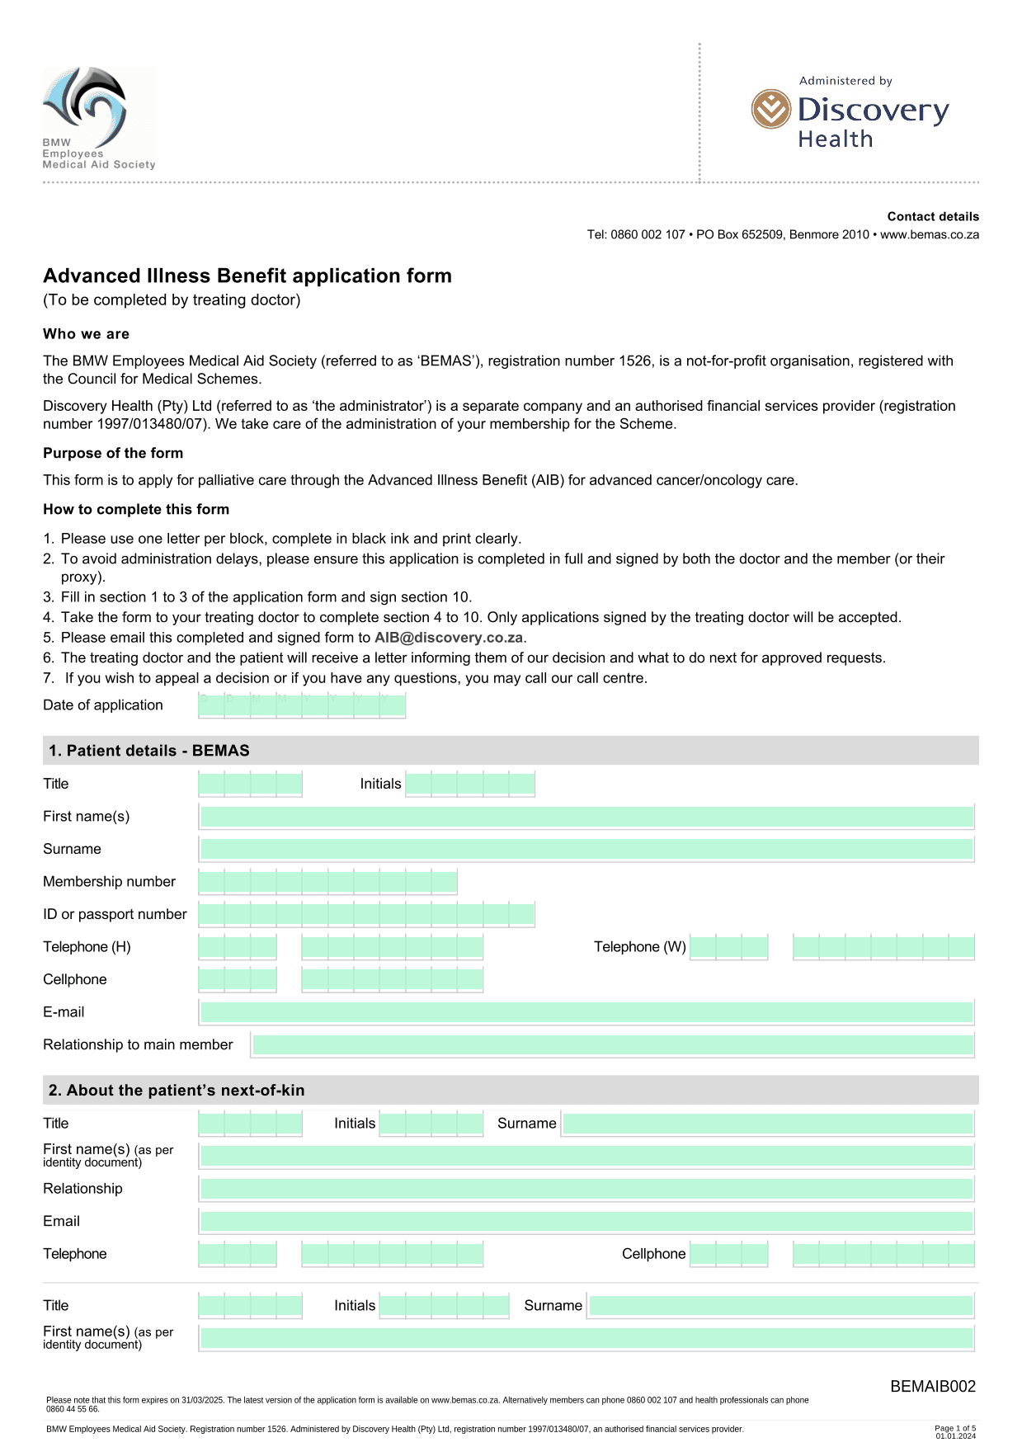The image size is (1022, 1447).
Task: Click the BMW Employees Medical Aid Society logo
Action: click(97, 117)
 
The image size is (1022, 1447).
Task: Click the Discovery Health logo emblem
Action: click(770, 109)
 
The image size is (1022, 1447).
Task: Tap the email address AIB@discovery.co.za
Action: click(449, 638)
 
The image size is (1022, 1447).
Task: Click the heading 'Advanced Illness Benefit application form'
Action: click(247, 276)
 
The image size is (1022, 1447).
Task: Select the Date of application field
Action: click(302, 705)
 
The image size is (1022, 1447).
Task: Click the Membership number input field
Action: click(327, 882)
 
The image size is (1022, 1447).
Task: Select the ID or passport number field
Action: click(366, 914)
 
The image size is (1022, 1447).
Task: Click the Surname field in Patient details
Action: click(586, 849)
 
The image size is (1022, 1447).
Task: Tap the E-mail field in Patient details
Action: click(586, 1012)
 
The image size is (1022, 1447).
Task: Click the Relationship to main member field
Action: click(613, 1044)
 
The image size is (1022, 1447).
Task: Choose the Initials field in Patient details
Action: click(470, 784)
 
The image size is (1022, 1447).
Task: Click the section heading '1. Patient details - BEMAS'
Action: click(149, 751)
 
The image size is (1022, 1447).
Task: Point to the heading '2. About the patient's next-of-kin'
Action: click(177, 1091)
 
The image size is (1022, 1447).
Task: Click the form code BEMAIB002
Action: click(932, 1387)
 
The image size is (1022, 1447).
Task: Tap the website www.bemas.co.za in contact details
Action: click(930, 235)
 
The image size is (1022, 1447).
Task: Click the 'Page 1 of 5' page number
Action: click(954, 1428)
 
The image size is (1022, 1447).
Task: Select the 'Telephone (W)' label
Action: click(639, 947)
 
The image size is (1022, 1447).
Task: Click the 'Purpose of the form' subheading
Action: click(113, 453)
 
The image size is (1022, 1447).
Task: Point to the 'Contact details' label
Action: click(933, 217)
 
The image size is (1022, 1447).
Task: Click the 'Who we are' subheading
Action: click(86, 334)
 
